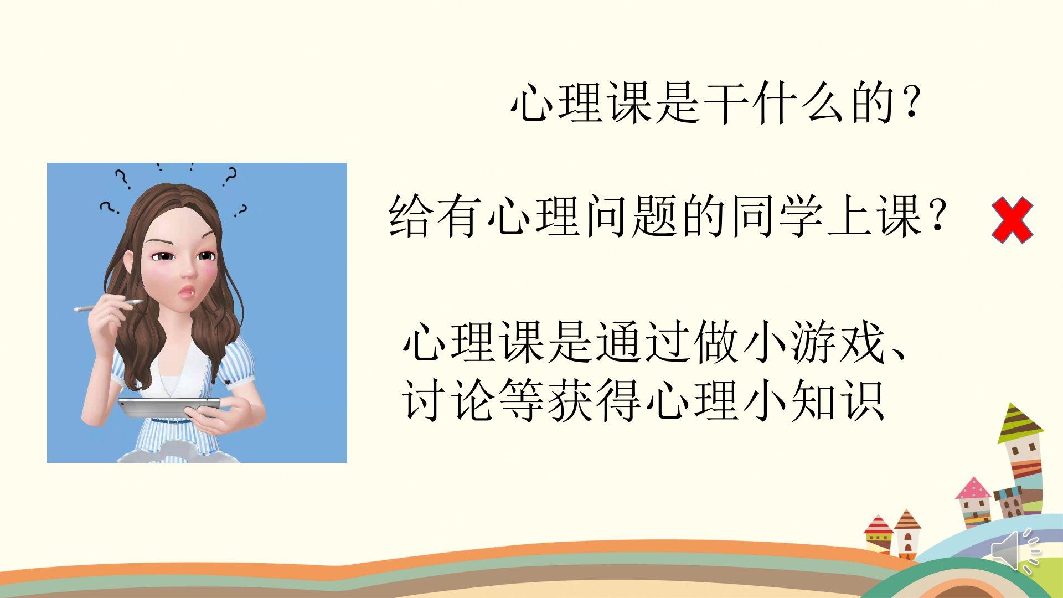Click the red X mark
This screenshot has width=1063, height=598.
pyautogui.click(x=1012, y=220)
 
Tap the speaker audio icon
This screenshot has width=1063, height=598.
pyautogui.click(x=1016, y=550)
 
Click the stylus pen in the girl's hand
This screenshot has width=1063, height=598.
pyautogui.click(x=109, y=305)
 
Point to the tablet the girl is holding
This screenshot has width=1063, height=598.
pyautogui.click(x=169, y=408)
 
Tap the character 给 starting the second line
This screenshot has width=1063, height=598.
pyautogui.click(x=411, y=218)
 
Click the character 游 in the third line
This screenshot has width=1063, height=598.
pyautogui.click(x=810, y=343)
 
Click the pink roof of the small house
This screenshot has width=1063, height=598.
pyautogui.click(x=974, y=488)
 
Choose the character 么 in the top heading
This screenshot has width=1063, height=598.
pyautogui.click(x=819, y=105)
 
